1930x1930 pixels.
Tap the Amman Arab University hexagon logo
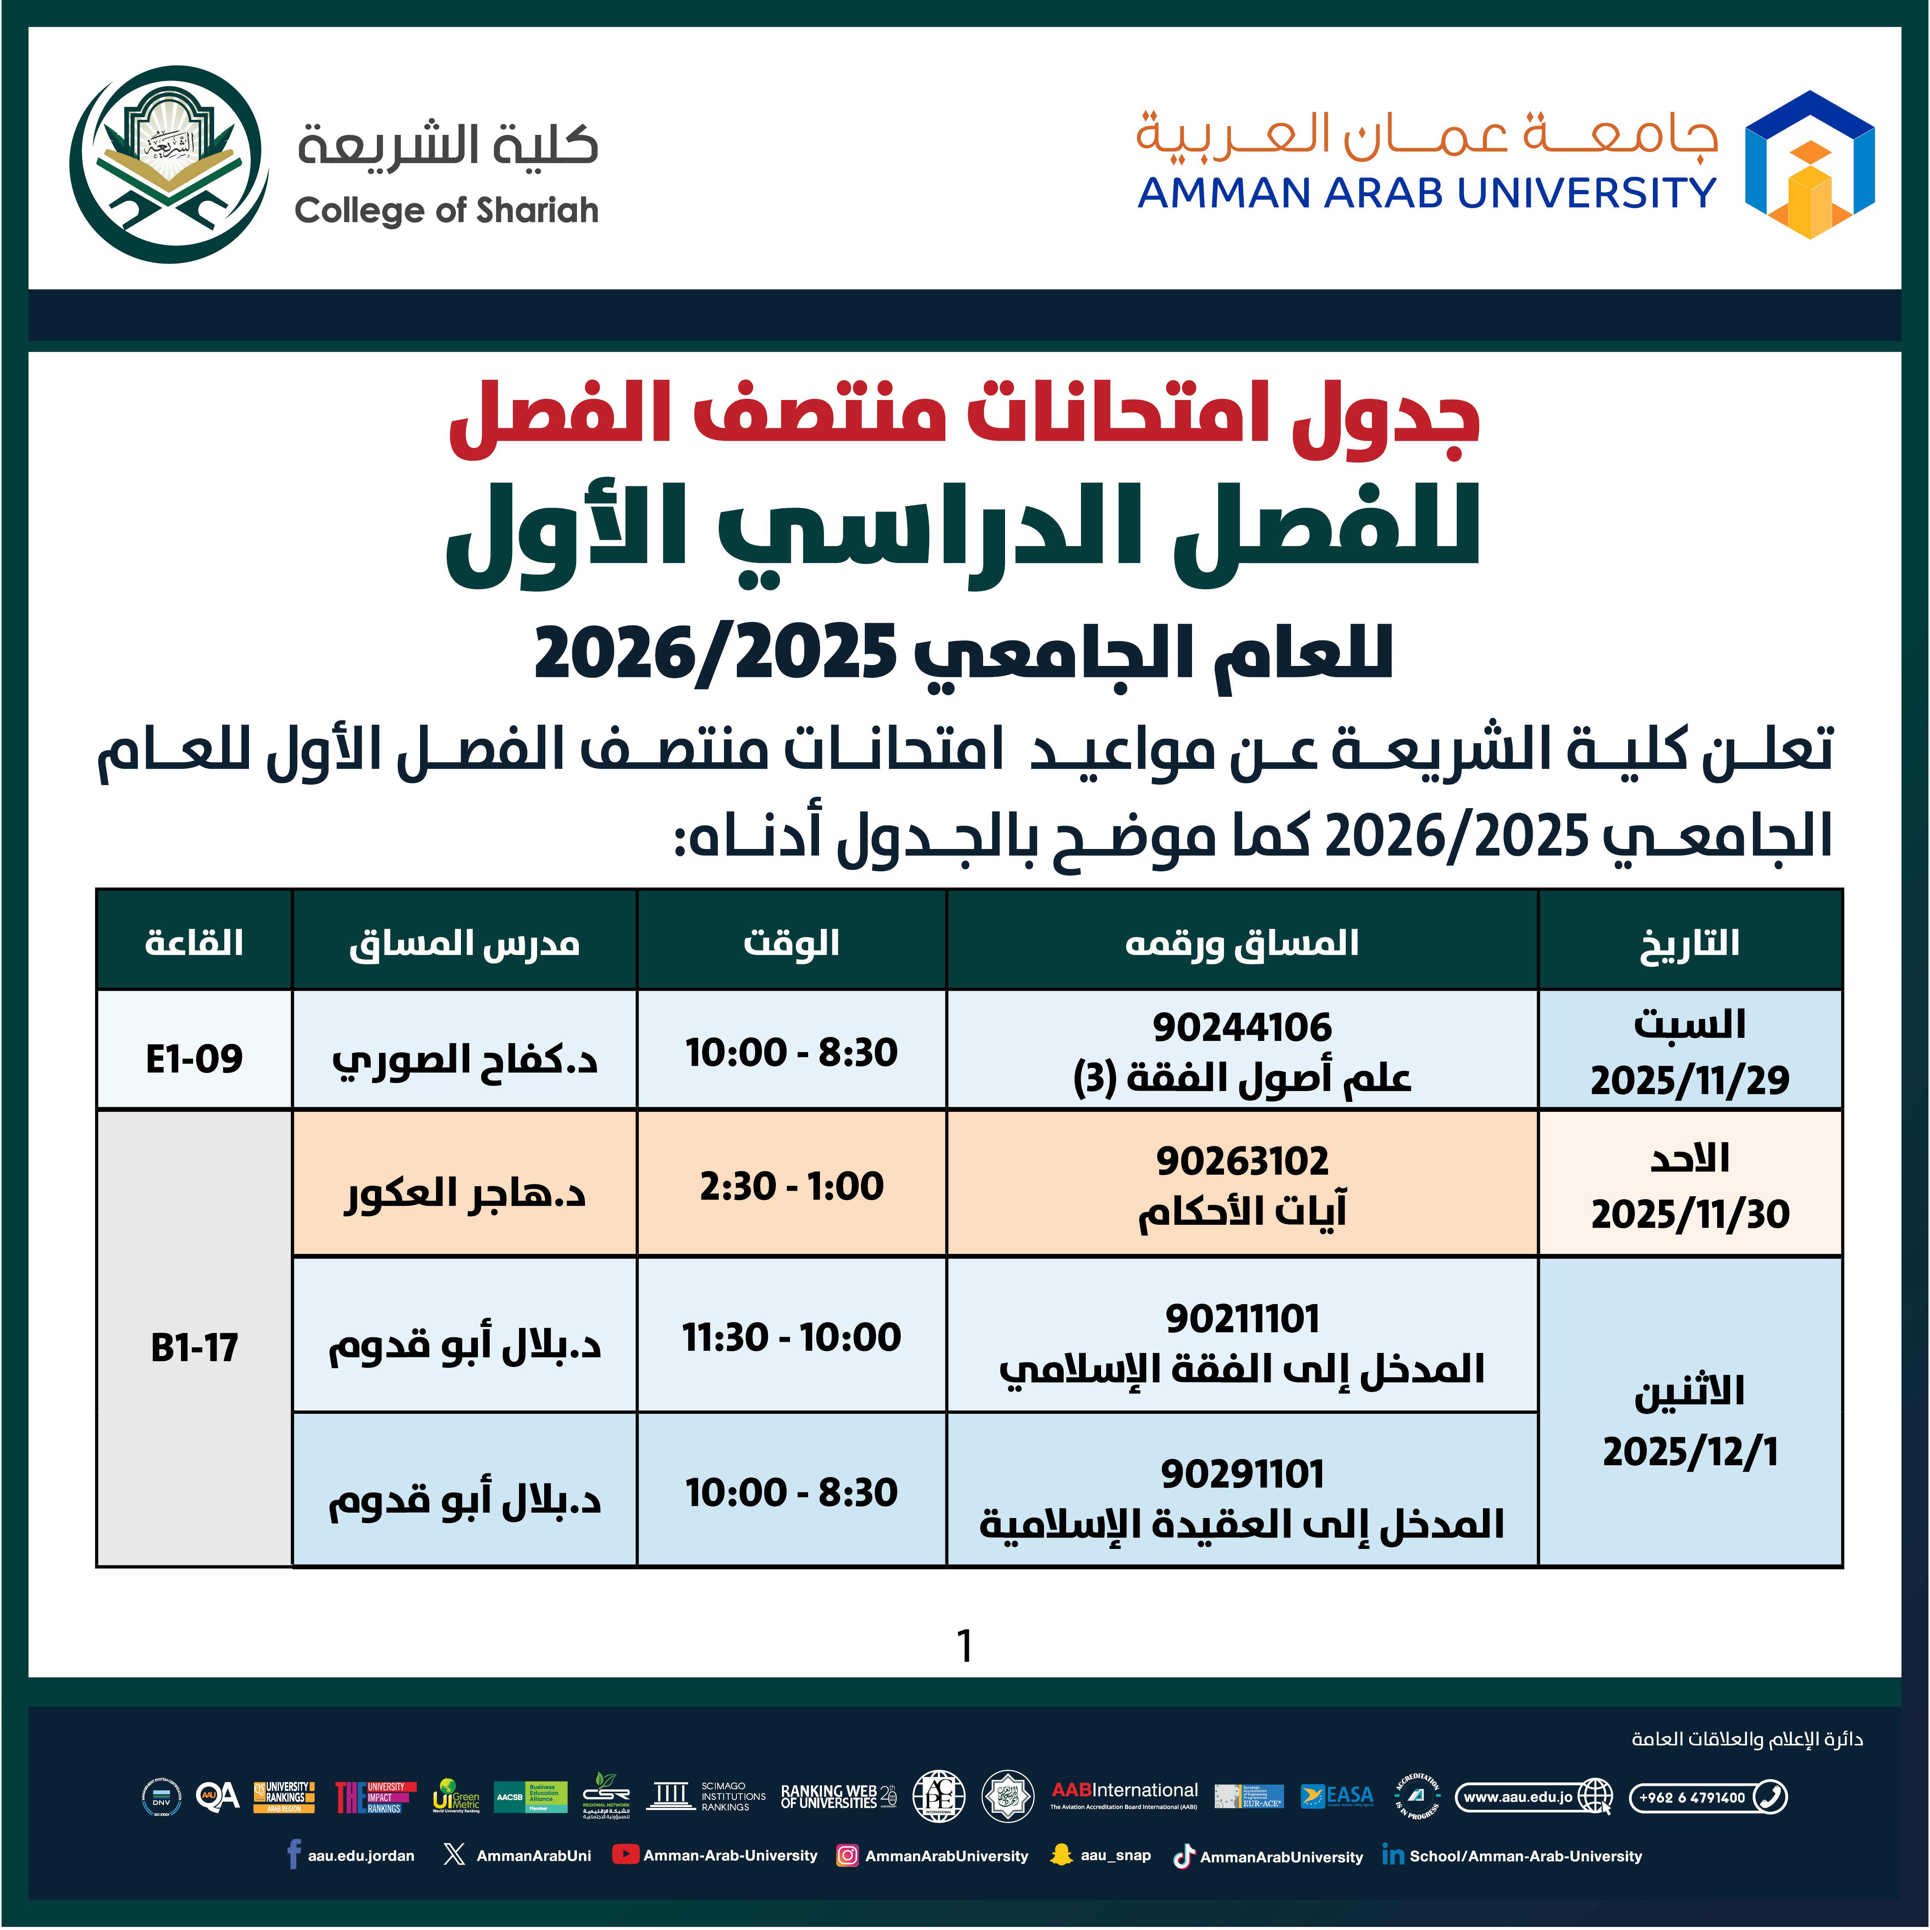coord(1809,165)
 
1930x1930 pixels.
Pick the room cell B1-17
coord(194,1348)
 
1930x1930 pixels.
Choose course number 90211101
coord(1242,1319)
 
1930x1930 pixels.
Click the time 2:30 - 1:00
coord(791,1186)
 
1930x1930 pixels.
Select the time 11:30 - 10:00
coord(791,1337)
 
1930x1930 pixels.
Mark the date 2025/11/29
coord(1689,1080)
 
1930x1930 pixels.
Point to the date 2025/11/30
coord(1689,1214)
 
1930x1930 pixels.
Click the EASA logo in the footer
coord(1338,1796)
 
